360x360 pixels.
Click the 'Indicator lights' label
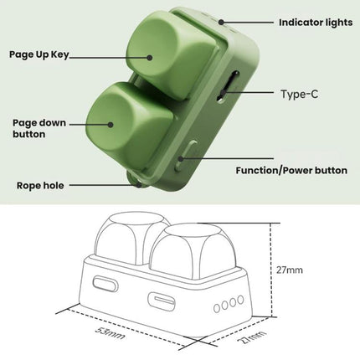316,23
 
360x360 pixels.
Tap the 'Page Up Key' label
39,54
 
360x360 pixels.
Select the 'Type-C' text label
299,94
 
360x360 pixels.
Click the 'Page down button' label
39,128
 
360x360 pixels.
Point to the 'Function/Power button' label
291,170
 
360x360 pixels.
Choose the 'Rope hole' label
40,185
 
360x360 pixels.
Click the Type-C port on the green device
228,87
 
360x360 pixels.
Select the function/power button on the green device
185,157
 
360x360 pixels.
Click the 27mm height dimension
290,270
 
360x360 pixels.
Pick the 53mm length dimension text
110,333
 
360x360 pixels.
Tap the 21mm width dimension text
251,337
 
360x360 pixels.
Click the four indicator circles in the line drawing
229,304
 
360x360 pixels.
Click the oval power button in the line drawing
105,284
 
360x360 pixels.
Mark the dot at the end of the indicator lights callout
221,22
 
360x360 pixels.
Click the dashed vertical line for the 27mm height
271,270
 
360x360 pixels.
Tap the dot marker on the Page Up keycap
150,58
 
